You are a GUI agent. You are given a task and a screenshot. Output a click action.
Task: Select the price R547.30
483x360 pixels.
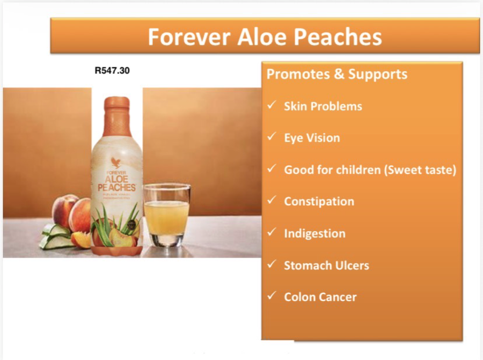coord(112,70)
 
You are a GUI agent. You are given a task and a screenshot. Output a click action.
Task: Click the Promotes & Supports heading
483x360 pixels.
coord(337,74)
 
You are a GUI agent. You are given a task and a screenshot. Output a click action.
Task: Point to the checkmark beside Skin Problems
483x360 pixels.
coord(272,105)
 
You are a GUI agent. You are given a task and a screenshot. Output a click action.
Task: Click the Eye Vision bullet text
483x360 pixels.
coord(312,138)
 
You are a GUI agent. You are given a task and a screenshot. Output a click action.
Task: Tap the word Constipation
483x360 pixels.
coord(319,202)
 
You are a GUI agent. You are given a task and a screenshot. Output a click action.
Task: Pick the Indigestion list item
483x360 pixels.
coord(314,233)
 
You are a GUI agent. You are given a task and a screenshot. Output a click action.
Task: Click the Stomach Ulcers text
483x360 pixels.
coord(326,265)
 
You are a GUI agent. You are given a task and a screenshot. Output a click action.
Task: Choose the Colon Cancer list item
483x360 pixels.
coord(320,297)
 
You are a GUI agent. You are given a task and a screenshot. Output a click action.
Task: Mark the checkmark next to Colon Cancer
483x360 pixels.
coord(272,296)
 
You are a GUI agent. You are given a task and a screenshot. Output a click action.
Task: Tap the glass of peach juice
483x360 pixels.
coord(166,215)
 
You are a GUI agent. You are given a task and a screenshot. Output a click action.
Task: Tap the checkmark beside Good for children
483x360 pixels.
coord(272,168)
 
